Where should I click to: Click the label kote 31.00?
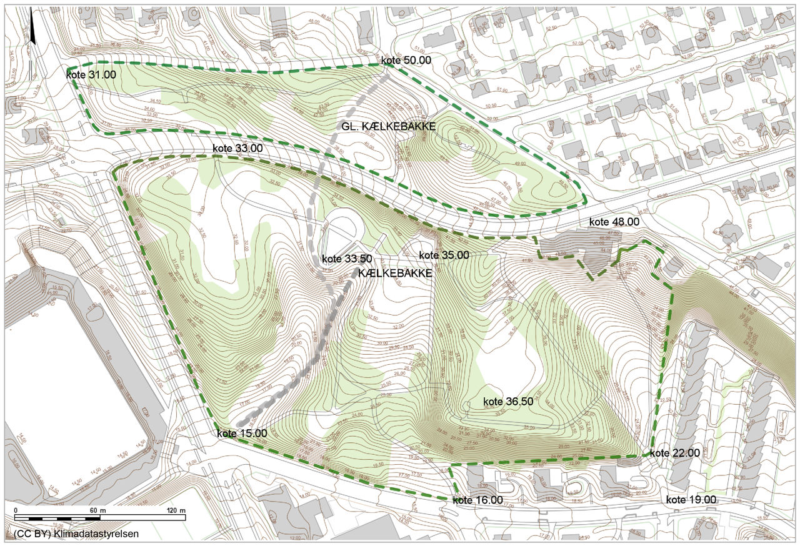click(91, 74)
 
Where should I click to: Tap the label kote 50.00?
click(406, 60)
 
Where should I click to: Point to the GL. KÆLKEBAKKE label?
click(388, 126)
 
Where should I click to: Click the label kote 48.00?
click(614, 221)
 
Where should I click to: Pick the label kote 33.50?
click(347, 259)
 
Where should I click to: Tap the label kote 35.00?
click(444, 255)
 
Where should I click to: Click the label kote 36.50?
click(508, 402)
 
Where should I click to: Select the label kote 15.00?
click(242, 433)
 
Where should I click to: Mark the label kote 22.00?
click(674, 453)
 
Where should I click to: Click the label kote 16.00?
click(477, 500)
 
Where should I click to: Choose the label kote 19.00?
click(691, 500)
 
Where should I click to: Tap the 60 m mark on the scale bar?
click(94, 510)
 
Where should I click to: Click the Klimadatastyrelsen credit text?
click(96, 534)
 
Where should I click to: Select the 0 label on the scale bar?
click(15, 510)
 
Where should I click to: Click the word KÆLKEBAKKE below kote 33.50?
click(395, 273)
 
